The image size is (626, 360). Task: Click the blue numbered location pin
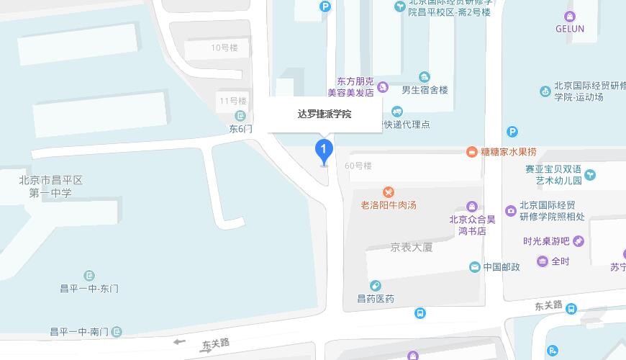click(x=324, y=152)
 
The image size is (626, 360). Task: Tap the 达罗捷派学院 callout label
click(x=325, y=114)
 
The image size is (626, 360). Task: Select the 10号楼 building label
click(x=224, y=48)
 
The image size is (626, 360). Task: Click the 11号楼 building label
click(x=233, y=101)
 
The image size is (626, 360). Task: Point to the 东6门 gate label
click(x=240, y=129)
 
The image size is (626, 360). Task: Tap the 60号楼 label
click(x=358, y=166)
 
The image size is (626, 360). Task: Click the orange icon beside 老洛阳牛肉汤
click(x=389, y=192)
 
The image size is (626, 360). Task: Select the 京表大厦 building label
click(x=412, y=247)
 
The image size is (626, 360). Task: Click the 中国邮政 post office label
click(x=501, y=267)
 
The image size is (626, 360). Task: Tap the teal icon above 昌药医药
click(x=375, y=287)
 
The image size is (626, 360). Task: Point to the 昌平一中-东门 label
click(x=89, y=288)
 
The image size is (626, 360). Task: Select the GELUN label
click(x=570, y=29)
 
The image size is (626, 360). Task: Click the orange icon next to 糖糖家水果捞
click(x=471, y=152)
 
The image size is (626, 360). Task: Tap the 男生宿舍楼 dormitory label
click(x=425, y=90)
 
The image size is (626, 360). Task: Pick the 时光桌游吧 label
click(x=546, y=241)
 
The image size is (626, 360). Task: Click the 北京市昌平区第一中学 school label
click(x=50, y=186)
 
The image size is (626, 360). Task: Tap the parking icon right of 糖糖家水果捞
click(x=512, y=132)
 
